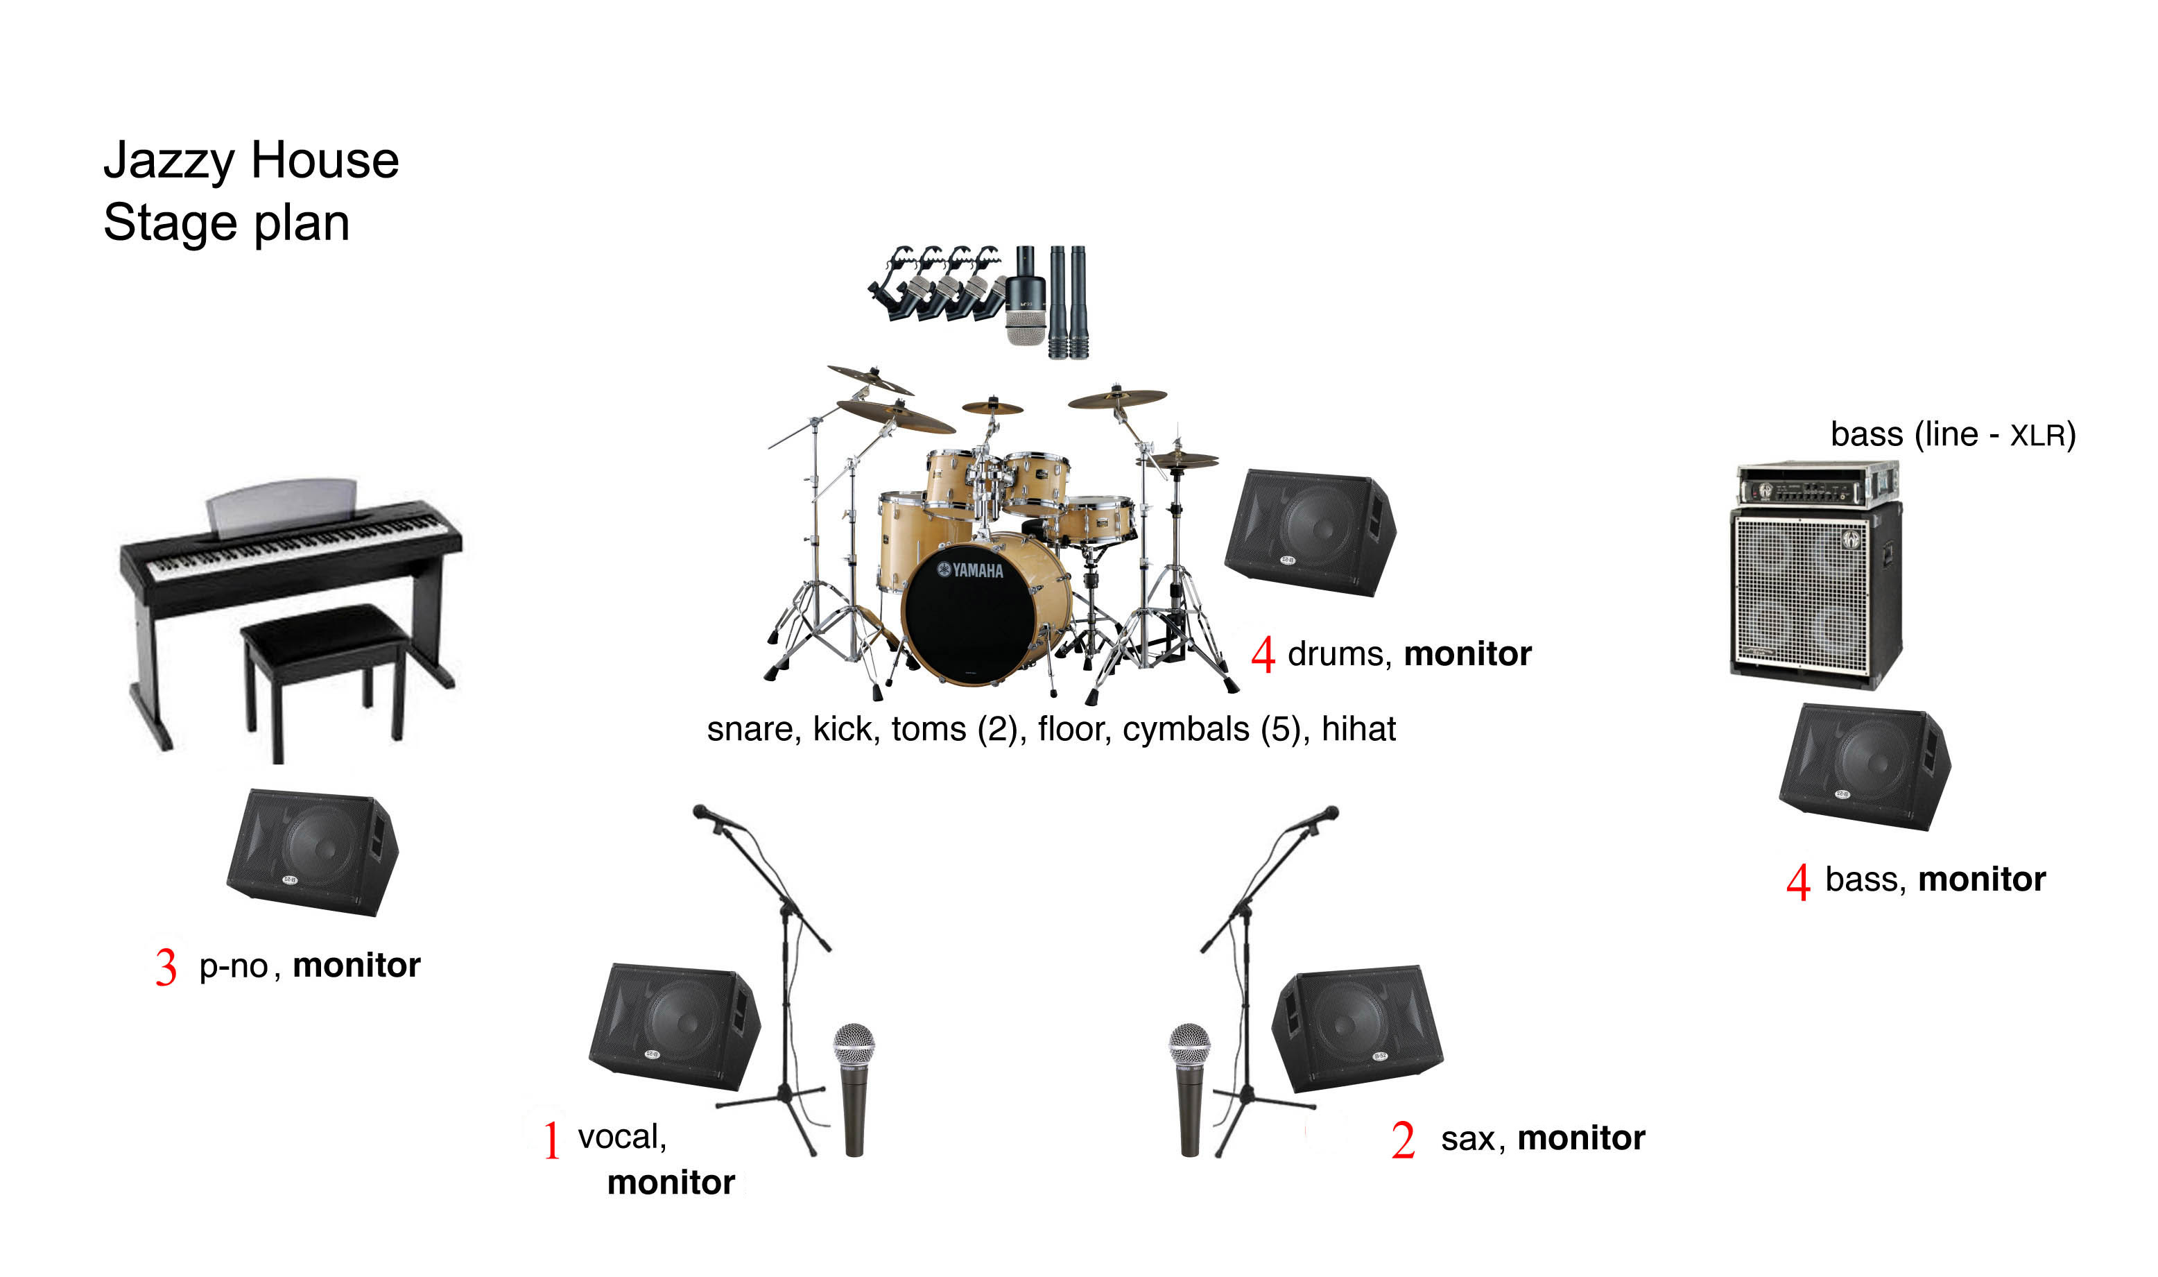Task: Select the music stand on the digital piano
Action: tap(282, 508)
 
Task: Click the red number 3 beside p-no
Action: tap(166, 966)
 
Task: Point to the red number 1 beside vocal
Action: tap(552, 1140)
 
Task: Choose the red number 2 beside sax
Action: tap(1403, 1140)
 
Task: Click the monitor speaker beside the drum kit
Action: tap(1310, 533)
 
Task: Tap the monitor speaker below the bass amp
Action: tap(1865, 766)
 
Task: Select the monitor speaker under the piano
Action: tap(312, 852)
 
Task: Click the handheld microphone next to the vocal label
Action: tap(854, 1090)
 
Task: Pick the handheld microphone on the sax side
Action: tap(1189, 1090)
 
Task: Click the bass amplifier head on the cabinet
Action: tap(1818, 483)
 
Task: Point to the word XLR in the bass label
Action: tap(2037, 436)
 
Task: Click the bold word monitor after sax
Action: tap(1581, 1138)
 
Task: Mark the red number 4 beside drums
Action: tap(1263, 654)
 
